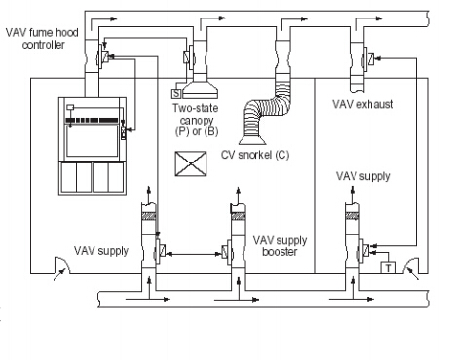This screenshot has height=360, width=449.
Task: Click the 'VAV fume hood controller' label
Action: click(42, 39)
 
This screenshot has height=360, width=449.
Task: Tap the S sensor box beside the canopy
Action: click(176, 93)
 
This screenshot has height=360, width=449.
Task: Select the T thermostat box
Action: click(388, 268)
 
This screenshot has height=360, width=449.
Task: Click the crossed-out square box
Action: click(191, 163)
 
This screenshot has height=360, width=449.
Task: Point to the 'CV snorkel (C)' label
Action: click(255, 155)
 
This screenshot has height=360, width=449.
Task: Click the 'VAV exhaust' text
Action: click(362, 104)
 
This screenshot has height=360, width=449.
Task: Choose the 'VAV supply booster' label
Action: click(280, 246)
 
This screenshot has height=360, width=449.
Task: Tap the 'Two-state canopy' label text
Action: click(196, 114)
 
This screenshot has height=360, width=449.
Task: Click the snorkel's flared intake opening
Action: click(252, 140)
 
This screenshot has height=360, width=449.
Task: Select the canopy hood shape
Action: click(200, 90)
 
